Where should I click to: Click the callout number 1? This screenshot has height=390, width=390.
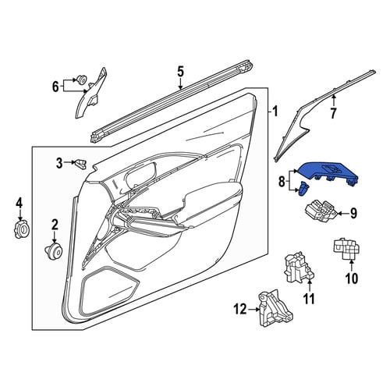[x=275, y=112]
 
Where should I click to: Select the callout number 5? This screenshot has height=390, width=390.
[x=180, y=72]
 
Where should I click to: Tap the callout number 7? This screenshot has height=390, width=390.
[x=333, y=113]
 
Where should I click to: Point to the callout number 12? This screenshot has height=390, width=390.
[x=239, y=310]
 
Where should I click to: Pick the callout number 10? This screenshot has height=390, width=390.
[x=351, y=278]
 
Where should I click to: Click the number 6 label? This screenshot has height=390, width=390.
[x=55, y=87]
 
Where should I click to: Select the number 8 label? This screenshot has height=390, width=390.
[x=282, y=182]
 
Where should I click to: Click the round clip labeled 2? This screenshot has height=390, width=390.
[x=54, y=250]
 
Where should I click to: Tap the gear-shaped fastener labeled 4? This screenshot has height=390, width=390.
[x=21, y=229]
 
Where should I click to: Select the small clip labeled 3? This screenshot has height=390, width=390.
[x=80, y=165]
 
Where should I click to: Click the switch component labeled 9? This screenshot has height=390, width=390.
[x=321, y=211]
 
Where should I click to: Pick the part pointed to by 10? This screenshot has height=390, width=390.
[x=347, y=249]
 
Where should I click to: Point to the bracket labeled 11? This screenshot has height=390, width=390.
[x=299, y=268]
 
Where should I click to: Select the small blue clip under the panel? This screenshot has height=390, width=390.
[x=304, y=189]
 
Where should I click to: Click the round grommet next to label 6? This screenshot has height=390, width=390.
[x=82, y=79]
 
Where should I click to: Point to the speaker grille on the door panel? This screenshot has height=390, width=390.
[x=110, y=288]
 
